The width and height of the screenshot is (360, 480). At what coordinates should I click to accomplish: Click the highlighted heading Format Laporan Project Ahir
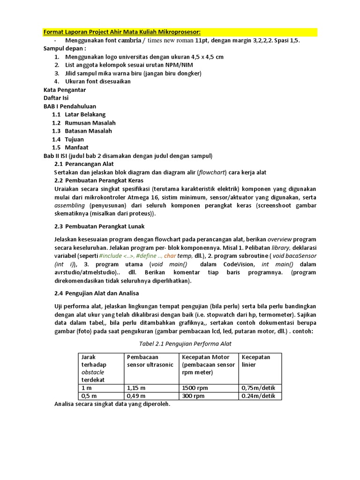point(122,32)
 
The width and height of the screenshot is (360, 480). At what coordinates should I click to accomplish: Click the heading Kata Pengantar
point(65,90)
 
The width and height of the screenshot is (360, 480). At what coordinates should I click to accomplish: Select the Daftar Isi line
point(56,97)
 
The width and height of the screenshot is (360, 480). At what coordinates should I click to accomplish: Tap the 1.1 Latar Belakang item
point(79,114)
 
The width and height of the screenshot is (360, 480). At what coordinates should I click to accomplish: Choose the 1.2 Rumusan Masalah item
point(84,123)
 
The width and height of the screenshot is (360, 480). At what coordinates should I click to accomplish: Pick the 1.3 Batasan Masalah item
point(82,131)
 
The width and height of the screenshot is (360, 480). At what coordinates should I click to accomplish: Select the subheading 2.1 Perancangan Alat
point(84,164)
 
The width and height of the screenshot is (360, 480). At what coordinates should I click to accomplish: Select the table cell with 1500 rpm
point(195,388)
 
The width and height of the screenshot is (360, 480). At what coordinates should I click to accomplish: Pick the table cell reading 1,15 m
point(136,388)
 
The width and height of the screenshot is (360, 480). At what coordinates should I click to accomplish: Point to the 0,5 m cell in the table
point(90,396)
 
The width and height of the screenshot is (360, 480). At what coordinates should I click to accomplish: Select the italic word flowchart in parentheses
point(212,172)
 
